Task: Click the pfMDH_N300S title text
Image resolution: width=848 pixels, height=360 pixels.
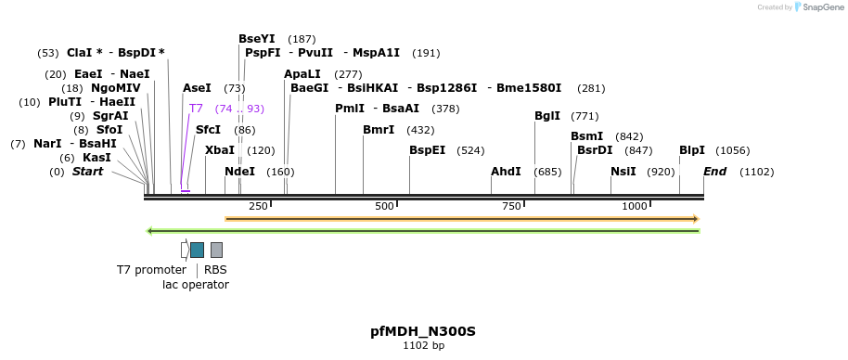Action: coord(423,331)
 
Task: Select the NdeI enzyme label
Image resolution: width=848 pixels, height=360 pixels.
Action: coord(239,172)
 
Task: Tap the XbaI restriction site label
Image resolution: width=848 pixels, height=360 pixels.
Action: coord(220,150)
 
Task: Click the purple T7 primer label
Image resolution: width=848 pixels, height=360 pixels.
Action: coord(196,109)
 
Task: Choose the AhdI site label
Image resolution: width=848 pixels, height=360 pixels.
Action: coord(506,172)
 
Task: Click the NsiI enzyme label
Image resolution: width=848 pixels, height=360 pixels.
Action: coord(623,172)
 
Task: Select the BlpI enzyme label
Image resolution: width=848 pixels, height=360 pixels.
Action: coord(692,150)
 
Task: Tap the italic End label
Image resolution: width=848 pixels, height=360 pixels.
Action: coord(714,172)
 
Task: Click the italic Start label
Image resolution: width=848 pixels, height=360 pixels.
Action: coord(87,172)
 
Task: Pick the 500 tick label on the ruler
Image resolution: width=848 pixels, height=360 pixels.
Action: coord(384,206)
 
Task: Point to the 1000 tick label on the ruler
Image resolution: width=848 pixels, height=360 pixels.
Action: coord(635,206)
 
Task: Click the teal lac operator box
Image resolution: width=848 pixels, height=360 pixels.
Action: coord(197,250)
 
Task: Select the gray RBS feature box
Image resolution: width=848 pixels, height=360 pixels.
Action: coord(216,250)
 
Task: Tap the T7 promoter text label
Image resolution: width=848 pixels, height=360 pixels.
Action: coord(151,270)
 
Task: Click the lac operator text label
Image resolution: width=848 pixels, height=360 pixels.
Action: coord(196,285)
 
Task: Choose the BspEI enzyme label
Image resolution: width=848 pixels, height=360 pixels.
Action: coord(428,150)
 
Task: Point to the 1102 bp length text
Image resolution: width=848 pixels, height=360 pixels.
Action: coord(423,346)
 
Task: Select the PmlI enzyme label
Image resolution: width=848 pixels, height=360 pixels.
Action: coord(349,109)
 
